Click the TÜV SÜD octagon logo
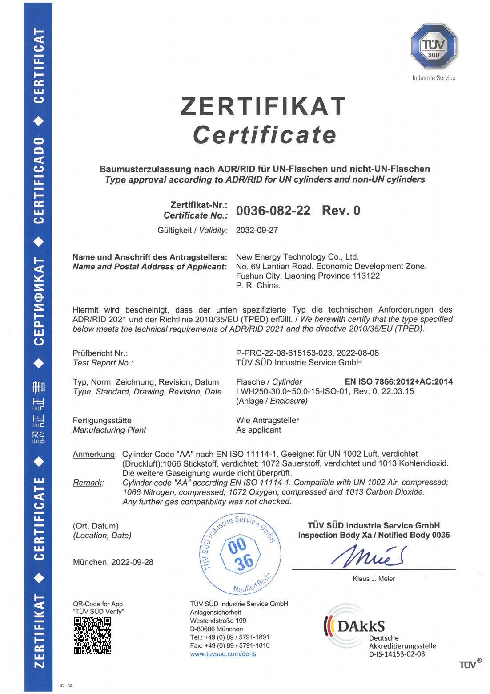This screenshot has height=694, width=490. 434,46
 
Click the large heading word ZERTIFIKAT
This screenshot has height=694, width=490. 263,106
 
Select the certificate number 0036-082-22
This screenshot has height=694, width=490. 273,211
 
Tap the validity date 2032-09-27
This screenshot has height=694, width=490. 257,230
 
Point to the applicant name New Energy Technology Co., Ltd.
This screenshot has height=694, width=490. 297,257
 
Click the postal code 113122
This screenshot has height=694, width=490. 366,276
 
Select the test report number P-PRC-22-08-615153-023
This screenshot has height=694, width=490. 284,353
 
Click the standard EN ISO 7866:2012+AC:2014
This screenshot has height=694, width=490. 398,381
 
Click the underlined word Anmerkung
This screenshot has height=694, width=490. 94,454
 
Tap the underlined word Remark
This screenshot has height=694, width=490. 88,483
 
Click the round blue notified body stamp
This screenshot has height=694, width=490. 241,554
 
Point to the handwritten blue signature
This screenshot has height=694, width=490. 369,556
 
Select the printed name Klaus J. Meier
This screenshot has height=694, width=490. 374,579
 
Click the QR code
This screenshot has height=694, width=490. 92,636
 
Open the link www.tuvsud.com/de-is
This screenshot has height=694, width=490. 223,654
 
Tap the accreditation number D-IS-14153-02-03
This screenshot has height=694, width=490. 397,654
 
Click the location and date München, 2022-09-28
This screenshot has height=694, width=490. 113,562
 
